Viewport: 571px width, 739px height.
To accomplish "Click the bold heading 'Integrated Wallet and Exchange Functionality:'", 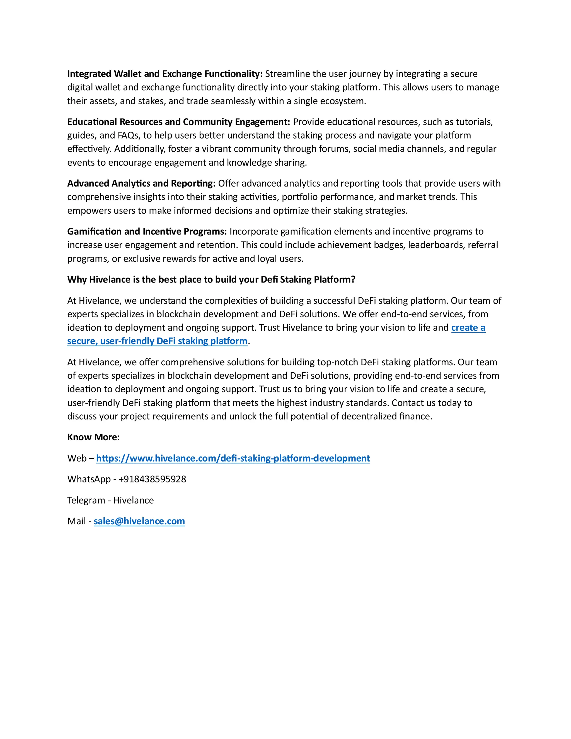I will coord(165,74).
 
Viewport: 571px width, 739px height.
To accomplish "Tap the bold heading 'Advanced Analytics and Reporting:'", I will coord(141,183).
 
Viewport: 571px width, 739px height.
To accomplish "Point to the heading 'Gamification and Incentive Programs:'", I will coord(147,231).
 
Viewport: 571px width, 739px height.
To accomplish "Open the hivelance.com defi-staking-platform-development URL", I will coord(233,458).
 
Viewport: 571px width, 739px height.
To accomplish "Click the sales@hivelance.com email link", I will coord(139,521).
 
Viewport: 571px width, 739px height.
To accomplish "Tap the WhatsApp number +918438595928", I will coord(152,479).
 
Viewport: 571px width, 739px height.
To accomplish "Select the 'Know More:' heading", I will coord(93,437).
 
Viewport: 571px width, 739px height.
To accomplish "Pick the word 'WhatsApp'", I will coord(89,479).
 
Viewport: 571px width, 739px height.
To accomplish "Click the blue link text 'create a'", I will coord(468,328).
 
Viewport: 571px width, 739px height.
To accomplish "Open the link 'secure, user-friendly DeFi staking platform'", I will coord(157,341).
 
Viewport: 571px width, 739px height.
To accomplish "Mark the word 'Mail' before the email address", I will coord(76,521).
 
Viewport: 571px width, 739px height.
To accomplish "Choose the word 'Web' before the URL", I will coord(77,458).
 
